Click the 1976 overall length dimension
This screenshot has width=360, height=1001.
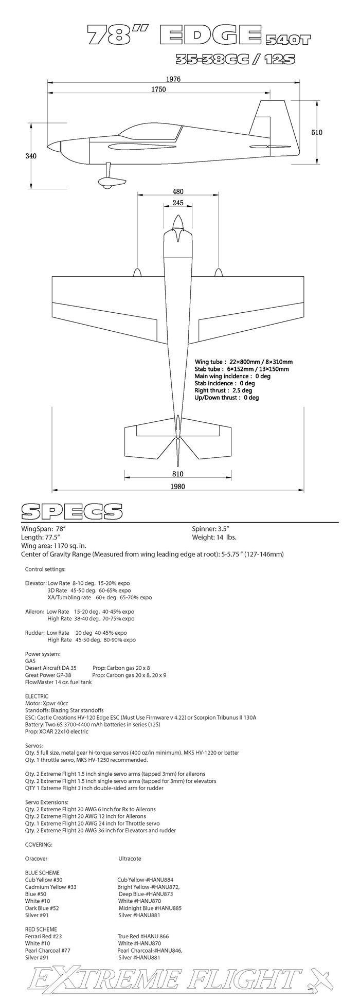173,79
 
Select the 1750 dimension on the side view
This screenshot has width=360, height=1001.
158,89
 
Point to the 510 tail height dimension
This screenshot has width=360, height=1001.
317,132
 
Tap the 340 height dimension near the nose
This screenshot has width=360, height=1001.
31,156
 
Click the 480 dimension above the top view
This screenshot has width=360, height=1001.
177,192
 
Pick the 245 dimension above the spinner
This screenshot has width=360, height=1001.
178,203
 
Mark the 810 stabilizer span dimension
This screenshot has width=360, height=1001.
177,474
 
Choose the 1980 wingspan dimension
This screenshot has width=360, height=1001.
177,486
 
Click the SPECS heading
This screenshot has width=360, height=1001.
71,511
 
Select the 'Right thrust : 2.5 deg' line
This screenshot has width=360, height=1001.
223,390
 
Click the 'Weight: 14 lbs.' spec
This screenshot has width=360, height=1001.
214,538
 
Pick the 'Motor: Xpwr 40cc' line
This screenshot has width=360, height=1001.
46,703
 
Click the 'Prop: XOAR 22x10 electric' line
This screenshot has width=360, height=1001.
57,731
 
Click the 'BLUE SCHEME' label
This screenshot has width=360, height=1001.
42,872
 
